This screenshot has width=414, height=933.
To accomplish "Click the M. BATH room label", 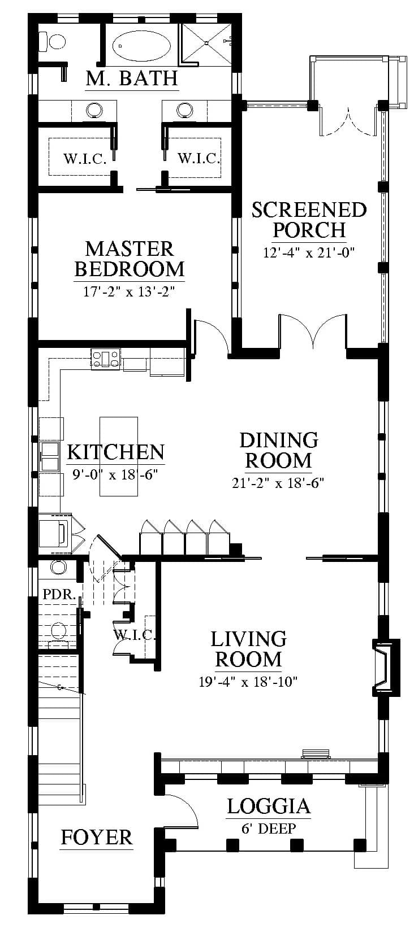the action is pyautogui.click(x=132, y=78).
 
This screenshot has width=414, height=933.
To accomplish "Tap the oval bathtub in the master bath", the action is pyautogui.click(x=142, y=46).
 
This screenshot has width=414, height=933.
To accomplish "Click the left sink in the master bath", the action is pyautogui.click(x=94, y=110).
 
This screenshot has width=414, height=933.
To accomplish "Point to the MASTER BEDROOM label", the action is pyautogui.click(x=130, y=259).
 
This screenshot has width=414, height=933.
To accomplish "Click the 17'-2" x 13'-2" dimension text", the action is pyautogui.click(x=129, y=291).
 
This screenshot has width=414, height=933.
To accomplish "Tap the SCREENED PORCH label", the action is pyautogui.click(x=309, y=220).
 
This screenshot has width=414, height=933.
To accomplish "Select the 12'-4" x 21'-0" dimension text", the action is pyautogui.click(x=309, y=252).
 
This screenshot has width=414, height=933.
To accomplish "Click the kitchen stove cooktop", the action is pyautogui.click(x=106, y=359).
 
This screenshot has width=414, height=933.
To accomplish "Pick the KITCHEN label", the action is pyautogui.click(x=116, y=451).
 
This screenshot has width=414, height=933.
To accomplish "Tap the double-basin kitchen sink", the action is pyautogui.click(x=50, y=456).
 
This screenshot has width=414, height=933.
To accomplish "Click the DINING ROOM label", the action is pyautogui.click(x=278, y=450).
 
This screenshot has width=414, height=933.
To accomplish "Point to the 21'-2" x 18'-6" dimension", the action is pyautogui.click(x=278, y=483).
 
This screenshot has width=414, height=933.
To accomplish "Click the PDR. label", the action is pyautogui.click(x=59, y=594).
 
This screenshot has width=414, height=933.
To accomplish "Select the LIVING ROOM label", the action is pyautogui.click(x=248, y=648).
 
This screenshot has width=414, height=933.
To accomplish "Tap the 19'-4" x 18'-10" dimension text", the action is pyautogui.click(x=248, y=682).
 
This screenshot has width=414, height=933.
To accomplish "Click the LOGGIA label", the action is pyautogui.click(x=269, y=806).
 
